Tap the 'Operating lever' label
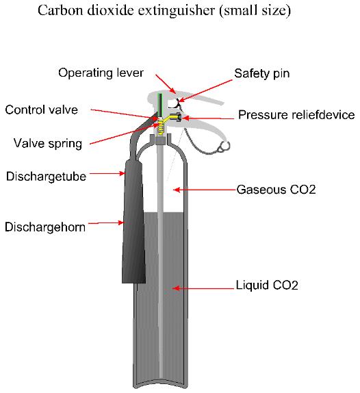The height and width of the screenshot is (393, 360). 97,73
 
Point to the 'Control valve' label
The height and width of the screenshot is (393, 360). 41,110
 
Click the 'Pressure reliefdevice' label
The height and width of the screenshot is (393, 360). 296,115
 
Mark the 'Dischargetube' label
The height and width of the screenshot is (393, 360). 46,176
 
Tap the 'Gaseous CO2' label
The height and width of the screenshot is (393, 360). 276,189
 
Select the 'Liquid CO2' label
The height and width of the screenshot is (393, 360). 267,284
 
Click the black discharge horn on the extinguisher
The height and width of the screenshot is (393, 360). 133,226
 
